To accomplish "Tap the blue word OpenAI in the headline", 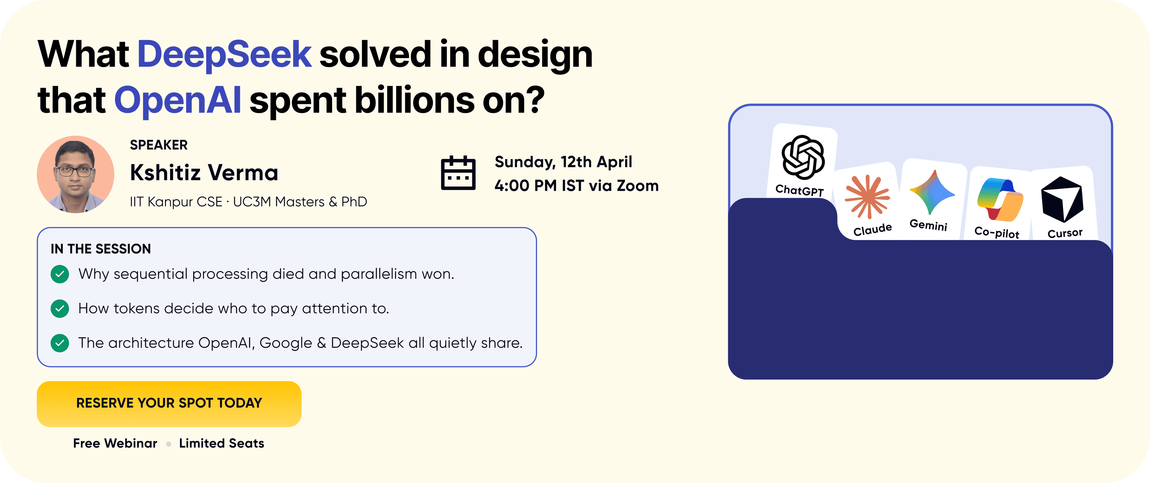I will (x=178, y=100).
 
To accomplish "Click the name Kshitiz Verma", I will (x=204, y=173).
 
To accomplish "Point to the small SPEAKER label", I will (x=158, y=145).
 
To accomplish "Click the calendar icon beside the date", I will (x=458, y=173).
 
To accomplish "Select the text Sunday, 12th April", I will (x=563, y=162).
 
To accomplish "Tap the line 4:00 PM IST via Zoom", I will (x=576, y=186).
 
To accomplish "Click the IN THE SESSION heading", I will (x=100, y=249).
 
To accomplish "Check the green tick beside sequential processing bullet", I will (x=60, y=274).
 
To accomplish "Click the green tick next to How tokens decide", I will (x=60, y=308).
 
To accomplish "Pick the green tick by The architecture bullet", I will (x=60, y=343).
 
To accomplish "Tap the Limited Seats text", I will (x=221, y=443).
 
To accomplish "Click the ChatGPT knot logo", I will (x=803, y=157).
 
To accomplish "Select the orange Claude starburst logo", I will (x=867, y=196).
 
